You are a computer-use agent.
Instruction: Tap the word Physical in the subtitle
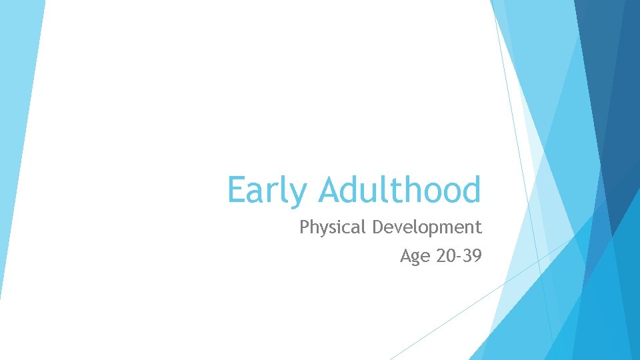[333, 228]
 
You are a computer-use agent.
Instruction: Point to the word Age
[414, 256]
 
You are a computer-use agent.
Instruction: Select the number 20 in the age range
[443, 256]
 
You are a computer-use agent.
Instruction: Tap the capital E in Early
[236, 190]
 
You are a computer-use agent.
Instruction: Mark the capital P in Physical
[304, 227]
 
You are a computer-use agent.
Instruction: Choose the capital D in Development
[377, 227]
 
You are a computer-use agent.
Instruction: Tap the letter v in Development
[399, 229]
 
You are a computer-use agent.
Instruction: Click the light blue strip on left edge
[17, 133]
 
